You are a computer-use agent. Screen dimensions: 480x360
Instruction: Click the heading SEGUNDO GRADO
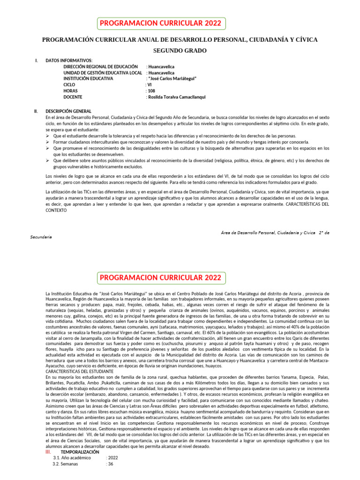tap(180, 51)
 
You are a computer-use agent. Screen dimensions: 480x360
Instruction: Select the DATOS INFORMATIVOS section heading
tap(69, 60)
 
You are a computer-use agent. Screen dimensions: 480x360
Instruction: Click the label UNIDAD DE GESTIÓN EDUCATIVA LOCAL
tap(103, 73)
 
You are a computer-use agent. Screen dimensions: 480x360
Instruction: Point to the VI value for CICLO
tap(150, 85)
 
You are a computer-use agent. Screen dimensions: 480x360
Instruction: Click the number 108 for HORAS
tap(151, 91)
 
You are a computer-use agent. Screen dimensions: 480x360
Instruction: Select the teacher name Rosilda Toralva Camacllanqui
tap(177, 97)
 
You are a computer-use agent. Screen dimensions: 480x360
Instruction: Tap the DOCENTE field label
tap(74, 97)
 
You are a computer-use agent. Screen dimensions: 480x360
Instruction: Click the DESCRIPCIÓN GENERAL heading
tap(68, 111)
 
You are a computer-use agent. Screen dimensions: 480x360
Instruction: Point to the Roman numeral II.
tap(36, 111)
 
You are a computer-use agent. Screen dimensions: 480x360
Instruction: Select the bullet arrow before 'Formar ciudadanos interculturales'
tap(48, 142)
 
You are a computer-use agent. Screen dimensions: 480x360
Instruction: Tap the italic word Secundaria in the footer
tap(41, 237)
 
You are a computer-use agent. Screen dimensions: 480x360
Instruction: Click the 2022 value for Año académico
tap(113, 458)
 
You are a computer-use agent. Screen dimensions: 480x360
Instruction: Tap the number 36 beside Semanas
tap(111, 464)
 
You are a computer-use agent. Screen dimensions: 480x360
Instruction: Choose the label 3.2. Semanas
tap(65, 464)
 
